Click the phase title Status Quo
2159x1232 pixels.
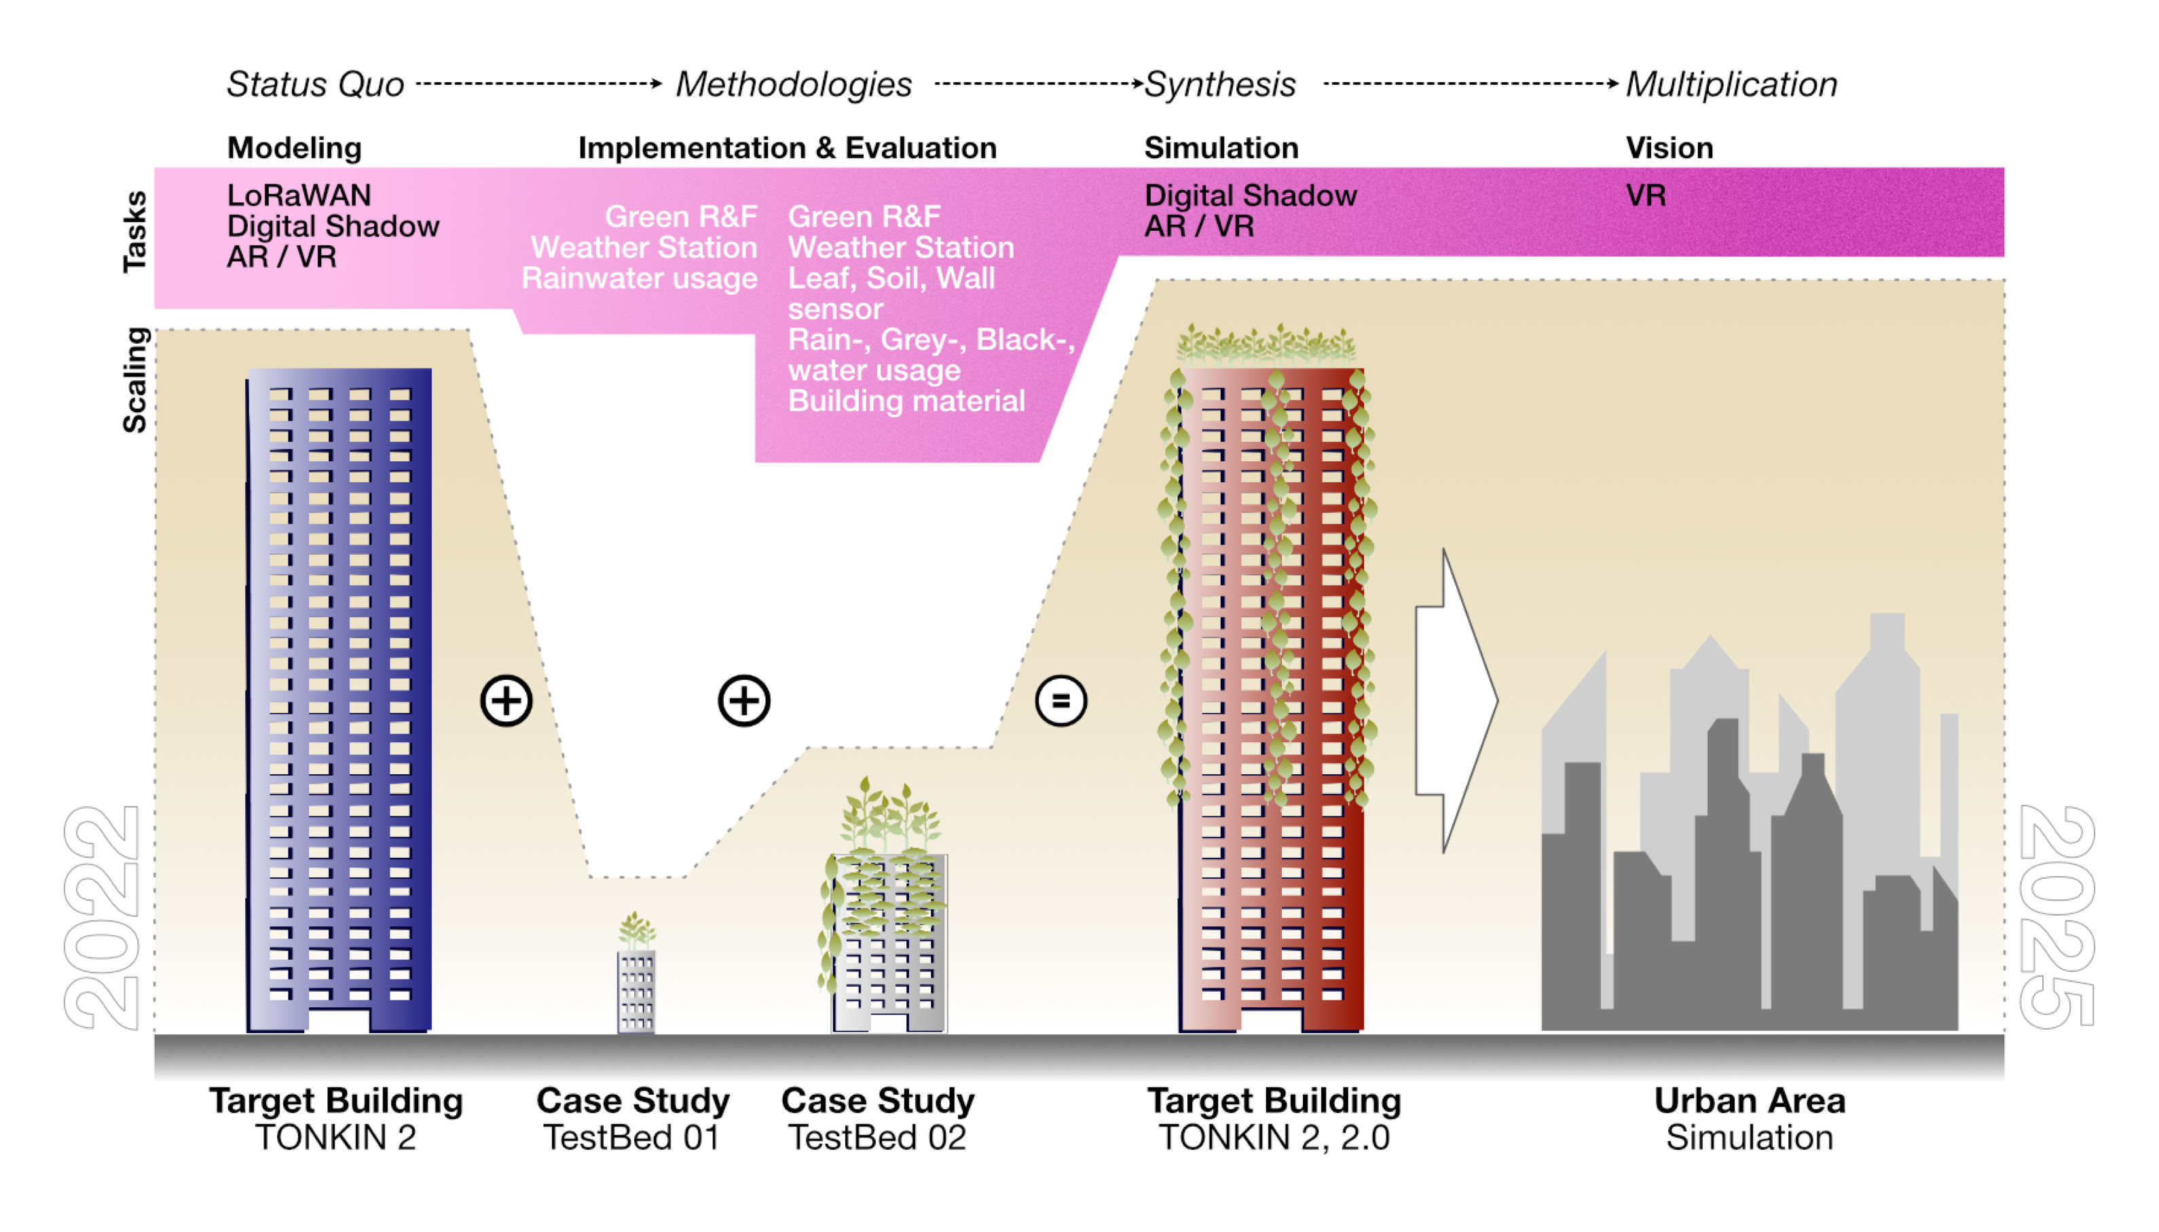pos(314,85)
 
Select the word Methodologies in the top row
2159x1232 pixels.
pos(792,85)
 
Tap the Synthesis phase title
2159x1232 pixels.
pos(1219,85)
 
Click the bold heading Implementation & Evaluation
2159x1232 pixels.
pos(786,148)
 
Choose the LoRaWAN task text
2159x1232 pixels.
pos(299,196)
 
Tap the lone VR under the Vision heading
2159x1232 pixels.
pos(1645,196)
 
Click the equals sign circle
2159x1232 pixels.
pos(1060,701)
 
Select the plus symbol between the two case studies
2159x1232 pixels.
pos(743,701)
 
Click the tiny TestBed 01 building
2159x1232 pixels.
pos(636,990)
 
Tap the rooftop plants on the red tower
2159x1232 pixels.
pos(1266,344)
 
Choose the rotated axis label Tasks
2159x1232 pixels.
pos(135,231)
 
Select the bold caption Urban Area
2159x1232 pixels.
pos(1749,1101)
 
